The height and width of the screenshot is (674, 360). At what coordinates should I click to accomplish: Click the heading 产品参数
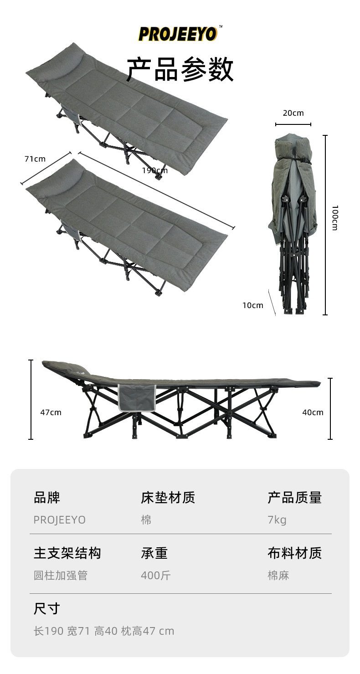(180, 70)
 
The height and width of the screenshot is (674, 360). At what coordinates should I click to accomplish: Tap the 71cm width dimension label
(35, 159)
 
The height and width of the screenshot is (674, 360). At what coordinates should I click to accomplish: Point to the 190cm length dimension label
(155, 170)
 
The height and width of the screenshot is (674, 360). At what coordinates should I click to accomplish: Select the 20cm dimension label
(293, 113)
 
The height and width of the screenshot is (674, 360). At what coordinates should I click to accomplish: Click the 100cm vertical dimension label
(334, 217)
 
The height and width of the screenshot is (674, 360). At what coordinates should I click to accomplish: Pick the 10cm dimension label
(252, 305)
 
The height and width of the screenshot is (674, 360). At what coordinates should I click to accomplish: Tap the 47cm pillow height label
(51, 412)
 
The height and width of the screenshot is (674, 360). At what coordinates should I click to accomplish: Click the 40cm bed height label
(313, 412)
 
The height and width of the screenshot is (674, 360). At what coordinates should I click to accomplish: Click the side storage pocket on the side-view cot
(136, 397)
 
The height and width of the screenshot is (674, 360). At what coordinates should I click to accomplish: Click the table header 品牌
(47, 498)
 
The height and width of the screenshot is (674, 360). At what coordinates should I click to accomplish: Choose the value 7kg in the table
(277, 520)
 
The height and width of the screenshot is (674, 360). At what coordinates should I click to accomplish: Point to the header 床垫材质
(168, 498)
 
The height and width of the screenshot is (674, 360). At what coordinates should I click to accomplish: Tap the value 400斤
(155, 576)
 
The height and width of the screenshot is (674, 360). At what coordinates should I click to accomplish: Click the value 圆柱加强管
(61, 576)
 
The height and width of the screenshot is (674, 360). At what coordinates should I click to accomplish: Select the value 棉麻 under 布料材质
(278, 576)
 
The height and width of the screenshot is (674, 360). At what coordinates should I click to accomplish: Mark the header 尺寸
(47, 608)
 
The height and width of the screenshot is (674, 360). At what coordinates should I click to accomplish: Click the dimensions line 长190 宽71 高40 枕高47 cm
(104, 631)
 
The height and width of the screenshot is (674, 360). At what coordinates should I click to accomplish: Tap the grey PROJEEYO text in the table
(60, 520)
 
